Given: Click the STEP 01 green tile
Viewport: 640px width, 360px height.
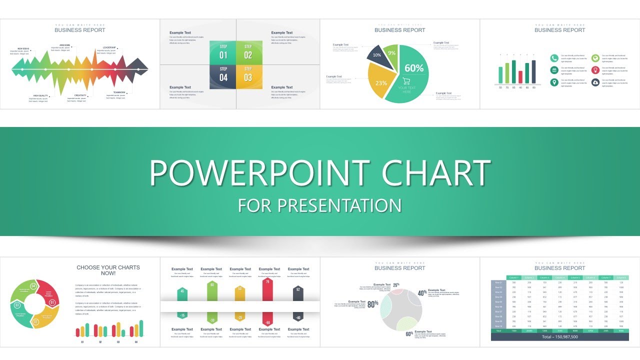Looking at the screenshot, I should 223,52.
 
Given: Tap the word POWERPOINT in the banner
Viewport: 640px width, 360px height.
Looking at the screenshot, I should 260,172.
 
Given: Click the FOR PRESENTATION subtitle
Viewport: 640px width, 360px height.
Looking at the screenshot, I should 320,205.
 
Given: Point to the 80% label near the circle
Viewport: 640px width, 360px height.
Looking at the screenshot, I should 372,303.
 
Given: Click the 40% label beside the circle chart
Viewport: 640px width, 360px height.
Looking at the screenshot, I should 422,293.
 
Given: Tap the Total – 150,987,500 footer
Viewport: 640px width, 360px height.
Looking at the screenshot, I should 559,337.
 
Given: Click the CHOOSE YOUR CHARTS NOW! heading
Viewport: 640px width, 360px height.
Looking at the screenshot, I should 108,270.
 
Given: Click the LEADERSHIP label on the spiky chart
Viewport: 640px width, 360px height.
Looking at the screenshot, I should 109,47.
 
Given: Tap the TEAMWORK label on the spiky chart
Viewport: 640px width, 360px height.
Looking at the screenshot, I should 119,92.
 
